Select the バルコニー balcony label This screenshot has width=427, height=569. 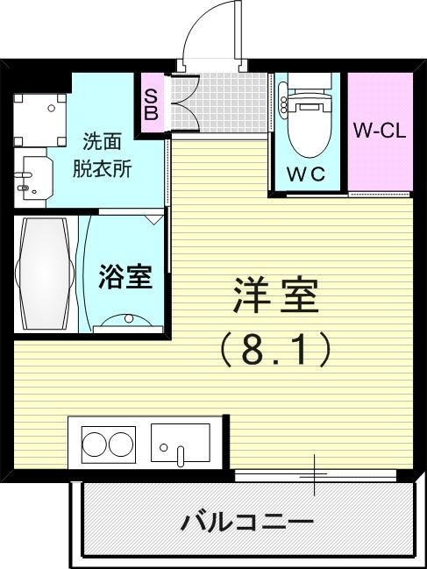click(x=247, y=523)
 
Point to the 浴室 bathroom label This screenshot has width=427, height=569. click(x=125, y=278)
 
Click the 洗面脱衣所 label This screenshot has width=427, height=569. click(x=107, y=155)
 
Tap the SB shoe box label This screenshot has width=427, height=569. click(x=151, y=103)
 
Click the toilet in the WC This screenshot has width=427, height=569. click(x=308, y=118)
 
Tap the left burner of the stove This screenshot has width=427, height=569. click(x=94, y=443)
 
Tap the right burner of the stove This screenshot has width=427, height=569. click(x=121, y=443)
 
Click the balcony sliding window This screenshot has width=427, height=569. click(x=316, y=475)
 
